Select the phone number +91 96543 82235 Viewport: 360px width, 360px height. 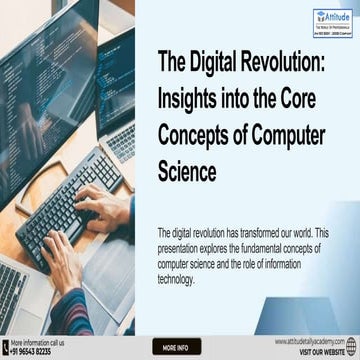tap(32, 352)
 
